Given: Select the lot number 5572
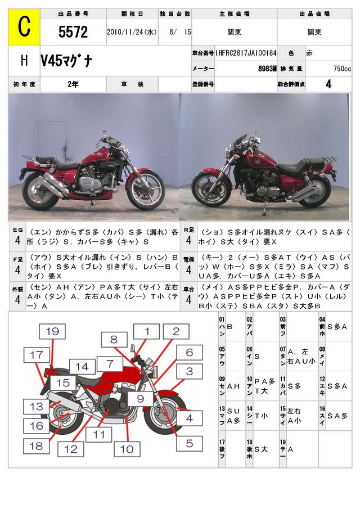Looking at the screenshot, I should point(73,33).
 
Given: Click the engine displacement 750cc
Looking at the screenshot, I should point(341,69).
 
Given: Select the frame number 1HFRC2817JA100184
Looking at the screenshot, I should point(246,52).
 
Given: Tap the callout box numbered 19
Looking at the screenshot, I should point(52,331).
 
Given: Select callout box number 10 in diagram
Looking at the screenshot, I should point(127,449).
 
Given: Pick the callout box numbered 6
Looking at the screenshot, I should point(190,353).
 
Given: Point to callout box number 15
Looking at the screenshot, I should point(65,383).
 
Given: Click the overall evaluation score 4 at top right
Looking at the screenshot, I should point(328,84).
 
